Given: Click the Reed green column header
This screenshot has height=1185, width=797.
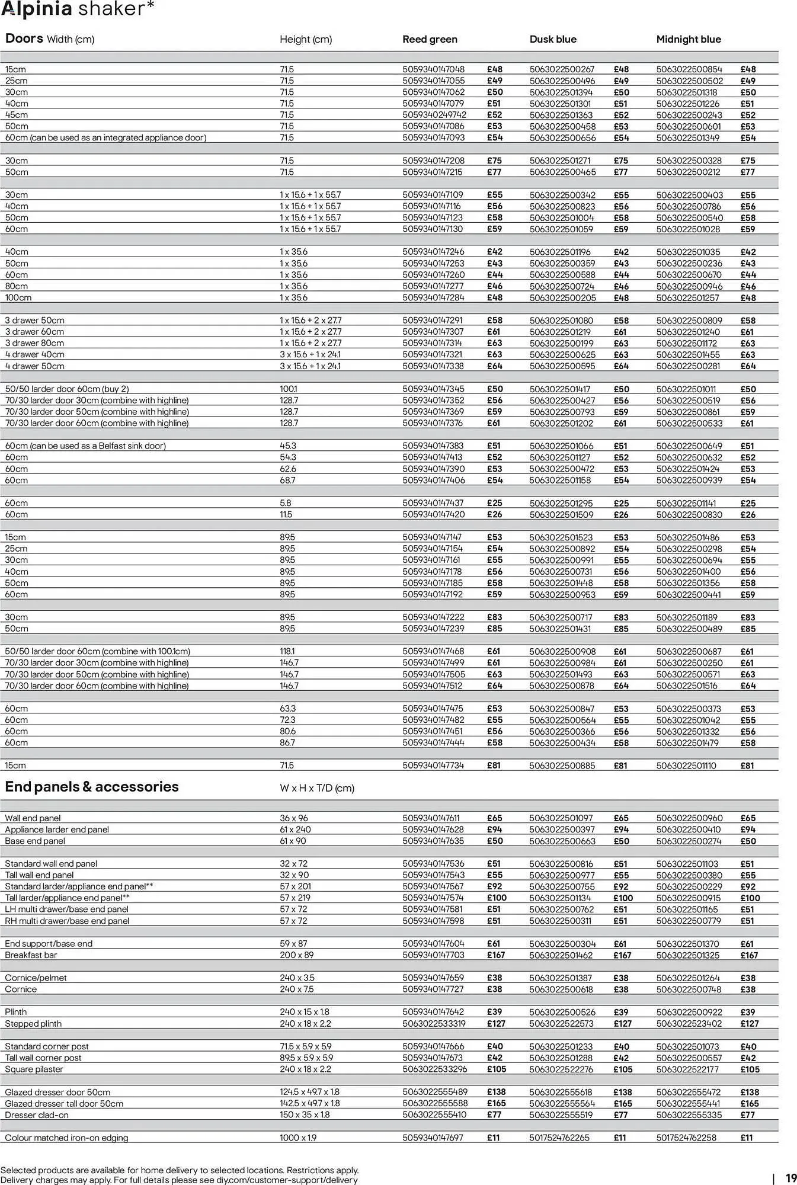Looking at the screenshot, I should coord(430,39).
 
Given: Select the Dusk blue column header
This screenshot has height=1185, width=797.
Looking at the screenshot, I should coord(552,39).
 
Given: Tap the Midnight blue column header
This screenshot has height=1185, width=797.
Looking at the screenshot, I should coord(688,39).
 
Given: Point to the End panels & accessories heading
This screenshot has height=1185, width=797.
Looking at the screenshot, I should coord(91,787).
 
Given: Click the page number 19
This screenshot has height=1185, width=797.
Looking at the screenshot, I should coord(790,1178).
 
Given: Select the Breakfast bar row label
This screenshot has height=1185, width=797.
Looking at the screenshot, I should coord(31,955).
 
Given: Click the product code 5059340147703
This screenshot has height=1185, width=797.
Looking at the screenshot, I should coord(433,955).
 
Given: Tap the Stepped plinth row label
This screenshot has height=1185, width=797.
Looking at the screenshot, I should coord(33,1023).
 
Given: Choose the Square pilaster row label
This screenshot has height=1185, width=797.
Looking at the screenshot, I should coord(34,1069).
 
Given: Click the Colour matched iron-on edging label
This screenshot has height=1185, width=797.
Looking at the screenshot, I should coord(66,1138).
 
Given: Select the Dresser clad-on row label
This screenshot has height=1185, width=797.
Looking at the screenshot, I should coord(37,1114).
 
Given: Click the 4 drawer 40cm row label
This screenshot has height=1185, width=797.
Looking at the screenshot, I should coord(34,354).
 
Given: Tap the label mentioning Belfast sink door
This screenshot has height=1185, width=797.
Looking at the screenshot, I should coord(85,446).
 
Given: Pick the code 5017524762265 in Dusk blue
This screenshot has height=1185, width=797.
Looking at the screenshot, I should coord(559,1138).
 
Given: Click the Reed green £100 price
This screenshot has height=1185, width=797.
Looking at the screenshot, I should coord(497,898).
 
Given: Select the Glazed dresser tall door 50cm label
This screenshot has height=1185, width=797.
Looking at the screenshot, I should coord(64,1103).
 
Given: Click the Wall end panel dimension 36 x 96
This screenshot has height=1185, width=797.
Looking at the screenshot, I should coord(294,818).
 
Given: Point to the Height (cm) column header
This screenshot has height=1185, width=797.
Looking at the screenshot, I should coord(306,39).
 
